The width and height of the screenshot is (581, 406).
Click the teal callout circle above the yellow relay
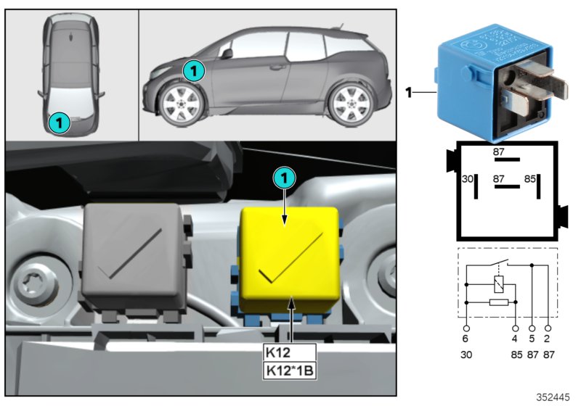tap(284, 176)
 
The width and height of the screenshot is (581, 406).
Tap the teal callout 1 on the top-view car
tap(59, 123)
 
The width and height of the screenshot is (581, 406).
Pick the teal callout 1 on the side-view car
tap(193, 70)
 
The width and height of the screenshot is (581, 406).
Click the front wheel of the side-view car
tap(178, 103)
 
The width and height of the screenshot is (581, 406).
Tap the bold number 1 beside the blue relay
tap(409, 92)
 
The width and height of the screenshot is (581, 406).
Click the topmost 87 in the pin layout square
tap(499, 151)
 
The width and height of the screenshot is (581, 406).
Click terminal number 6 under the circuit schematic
tap(466, 337)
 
